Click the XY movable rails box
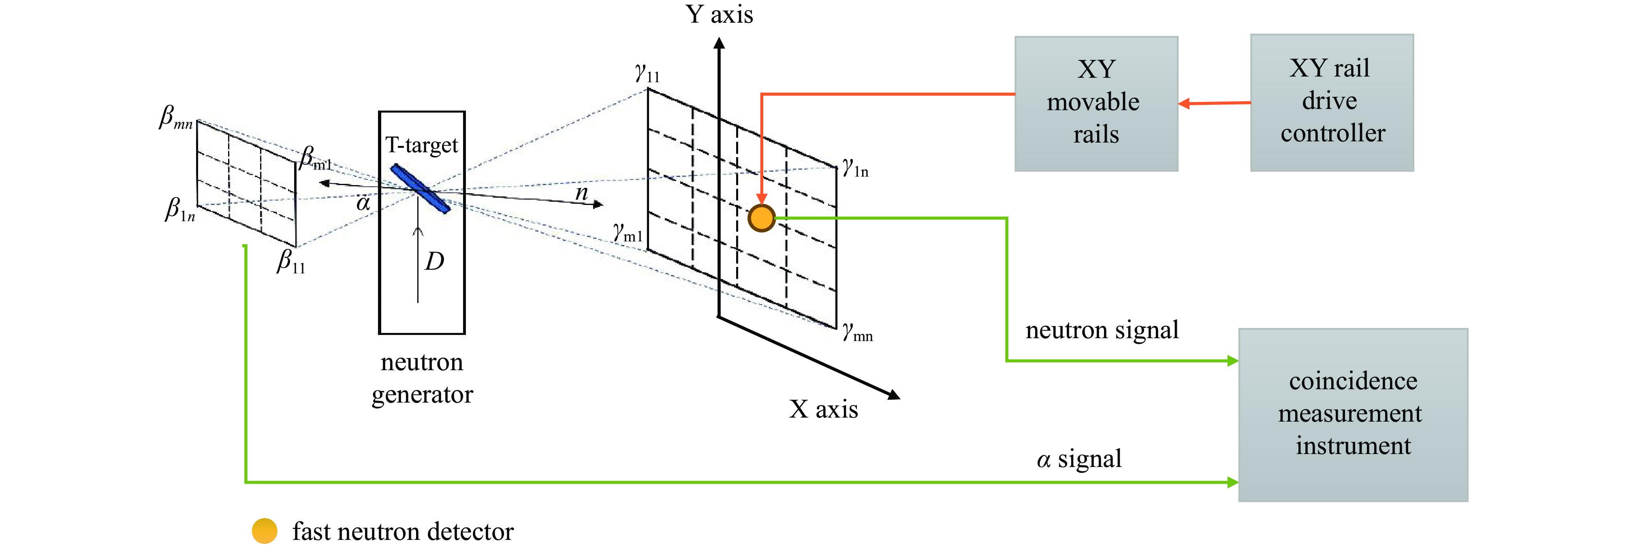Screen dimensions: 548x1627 point(1096,104)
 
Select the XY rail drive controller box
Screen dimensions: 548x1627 point(1331,102)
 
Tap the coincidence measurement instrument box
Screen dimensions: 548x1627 point(1352,414)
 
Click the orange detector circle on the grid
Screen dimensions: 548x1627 point(761,218)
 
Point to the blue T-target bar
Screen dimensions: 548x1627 point(420,188)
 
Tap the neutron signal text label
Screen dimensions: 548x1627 point(1102,330)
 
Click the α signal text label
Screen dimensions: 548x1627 point(1079,459)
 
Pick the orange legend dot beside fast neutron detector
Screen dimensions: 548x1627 point(264,531)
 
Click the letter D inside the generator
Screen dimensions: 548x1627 point(434,261)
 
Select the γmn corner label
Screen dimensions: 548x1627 point(857,332)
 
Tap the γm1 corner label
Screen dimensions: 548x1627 point(628,234)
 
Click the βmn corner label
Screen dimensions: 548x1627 point(175,118)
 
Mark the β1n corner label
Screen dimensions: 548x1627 point(180,210)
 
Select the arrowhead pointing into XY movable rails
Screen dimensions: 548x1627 point(1184,104)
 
